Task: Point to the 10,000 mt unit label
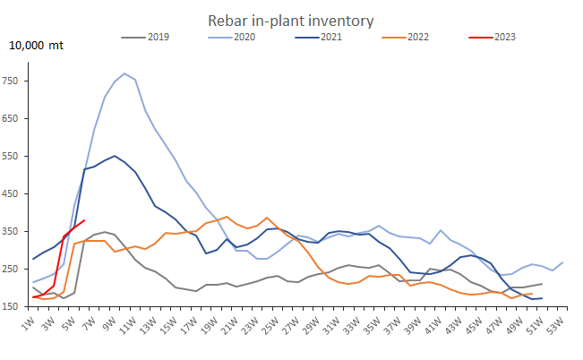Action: tap(37, 46)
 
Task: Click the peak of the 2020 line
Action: tap(124, 73)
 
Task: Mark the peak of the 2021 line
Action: tap(115, 156)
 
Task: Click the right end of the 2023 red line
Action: tap(84, 220)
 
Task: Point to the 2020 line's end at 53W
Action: tap(562, 262)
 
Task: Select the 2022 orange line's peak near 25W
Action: tap(267, 218)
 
